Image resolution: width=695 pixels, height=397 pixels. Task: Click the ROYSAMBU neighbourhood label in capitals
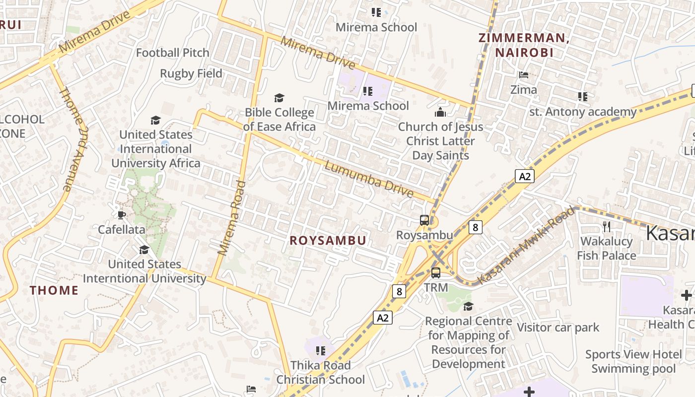click(328, 241)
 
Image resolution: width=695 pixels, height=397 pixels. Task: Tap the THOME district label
click(54, 290)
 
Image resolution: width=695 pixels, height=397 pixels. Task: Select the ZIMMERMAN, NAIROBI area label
click(523, 45)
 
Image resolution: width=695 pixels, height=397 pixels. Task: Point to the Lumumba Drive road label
click(368, 179)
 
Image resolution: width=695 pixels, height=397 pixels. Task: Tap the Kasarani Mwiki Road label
click(527, 246)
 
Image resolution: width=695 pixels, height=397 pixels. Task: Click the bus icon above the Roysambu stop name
click(424, 220)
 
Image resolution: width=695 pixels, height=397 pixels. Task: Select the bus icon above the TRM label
click(436, 272)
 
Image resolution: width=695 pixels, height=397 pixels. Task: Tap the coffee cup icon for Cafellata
click(122, 215)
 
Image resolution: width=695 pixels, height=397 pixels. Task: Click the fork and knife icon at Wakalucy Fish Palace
click(606, 227)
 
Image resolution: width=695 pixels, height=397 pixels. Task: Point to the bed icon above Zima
click(524, 75)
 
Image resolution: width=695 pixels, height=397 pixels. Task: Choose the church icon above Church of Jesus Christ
click(440, 113)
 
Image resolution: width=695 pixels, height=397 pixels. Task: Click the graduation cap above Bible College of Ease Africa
click(279, 98)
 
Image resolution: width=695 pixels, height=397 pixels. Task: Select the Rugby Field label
click(191, 73)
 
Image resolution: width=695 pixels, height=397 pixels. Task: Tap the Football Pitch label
click(173, 53)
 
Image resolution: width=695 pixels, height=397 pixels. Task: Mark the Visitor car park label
click(558, 328)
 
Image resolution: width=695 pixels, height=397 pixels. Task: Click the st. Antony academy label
click(583, 112)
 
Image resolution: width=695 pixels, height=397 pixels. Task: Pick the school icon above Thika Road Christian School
click(321, 351)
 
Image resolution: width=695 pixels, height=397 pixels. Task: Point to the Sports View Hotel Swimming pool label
click(633, 361)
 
